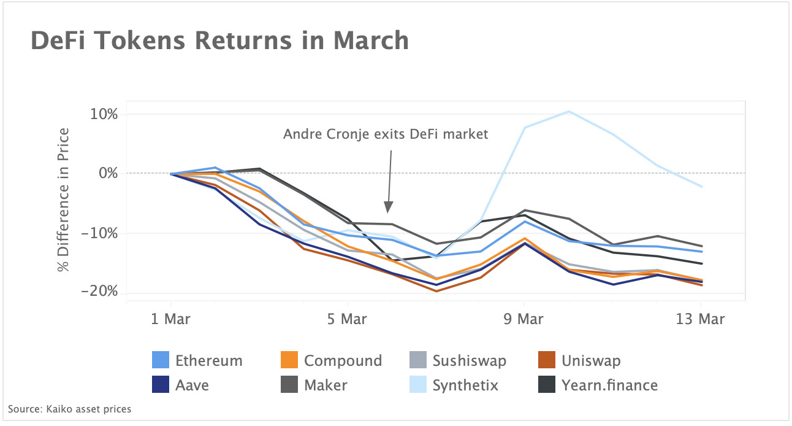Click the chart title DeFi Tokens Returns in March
(x=219, y=41)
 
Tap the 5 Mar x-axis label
(x=347, y=319)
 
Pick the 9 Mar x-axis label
(x=524, y=319)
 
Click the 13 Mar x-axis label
(x=701, y=319)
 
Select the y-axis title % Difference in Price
(x=63, y=199)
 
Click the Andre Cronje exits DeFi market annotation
(x=386, y=134)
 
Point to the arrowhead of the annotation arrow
(x=388, y=209)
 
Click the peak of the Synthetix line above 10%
(x=569, y=112)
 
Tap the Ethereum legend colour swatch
(x=161, y=360)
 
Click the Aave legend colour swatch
(x=161, y=385)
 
